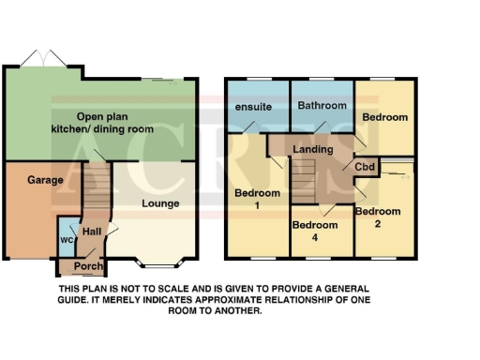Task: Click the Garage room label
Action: (45, 180)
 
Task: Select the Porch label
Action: (88, 265)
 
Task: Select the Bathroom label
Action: (321, 105)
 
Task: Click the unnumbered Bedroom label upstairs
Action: (385, 117)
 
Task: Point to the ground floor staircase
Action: (94, 187)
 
